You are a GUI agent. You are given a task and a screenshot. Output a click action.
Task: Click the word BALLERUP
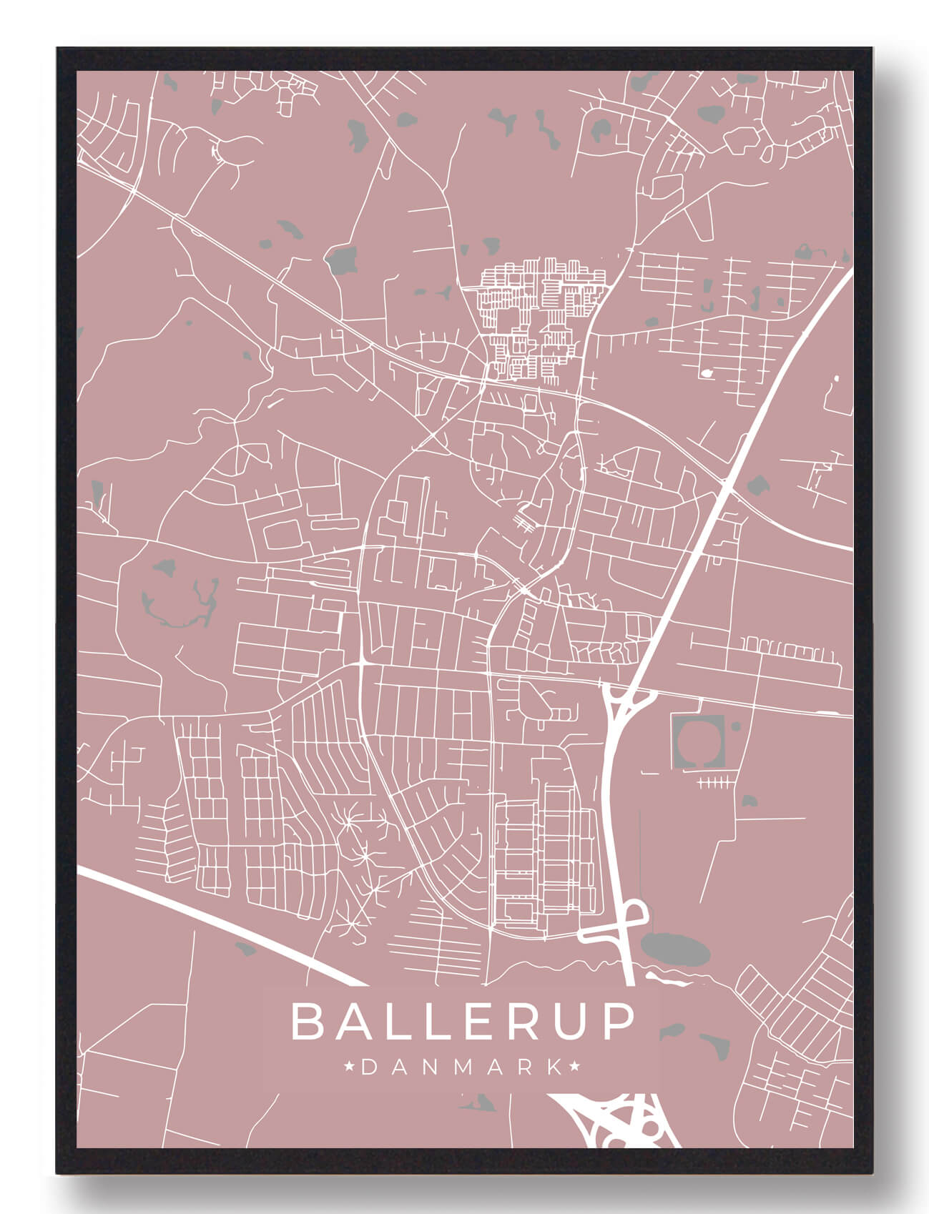point(463,1022)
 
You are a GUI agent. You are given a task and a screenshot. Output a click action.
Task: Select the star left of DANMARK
point(350,1067)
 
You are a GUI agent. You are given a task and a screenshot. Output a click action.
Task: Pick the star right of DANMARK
point(575,1067)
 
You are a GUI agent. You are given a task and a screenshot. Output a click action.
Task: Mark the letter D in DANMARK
point(370,1067)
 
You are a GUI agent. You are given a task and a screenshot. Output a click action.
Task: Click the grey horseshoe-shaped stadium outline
point(699,743)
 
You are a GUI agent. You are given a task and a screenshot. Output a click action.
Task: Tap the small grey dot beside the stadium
point(736,726)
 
